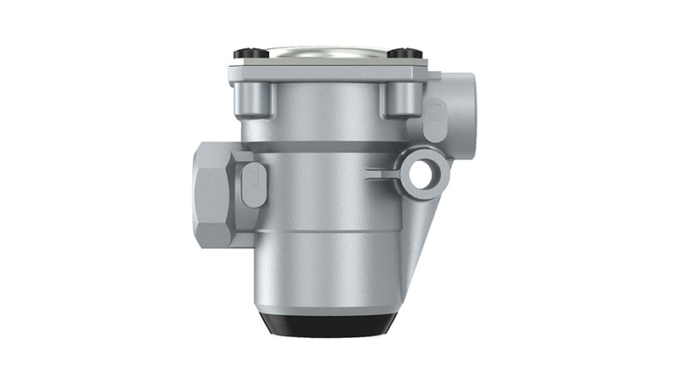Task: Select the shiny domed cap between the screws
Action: (x=327, y=52)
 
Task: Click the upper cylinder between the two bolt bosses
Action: (x=327, y=110)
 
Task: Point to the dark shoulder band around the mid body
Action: (x=326, y=147)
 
